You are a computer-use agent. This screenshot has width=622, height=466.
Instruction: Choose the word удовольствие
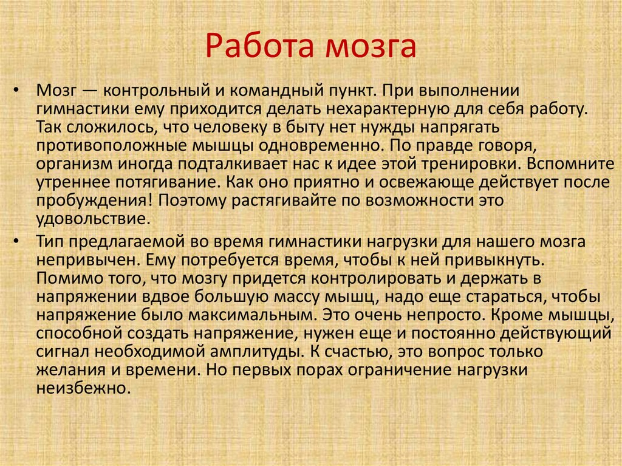91,218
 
